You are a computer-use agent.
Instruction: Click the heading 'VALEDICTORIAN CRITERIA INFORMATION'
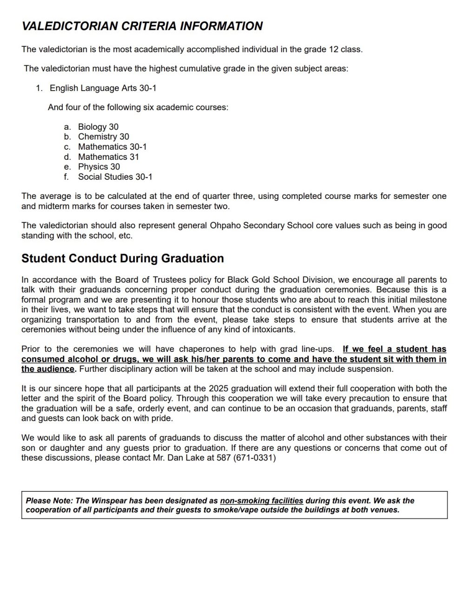[142, 26]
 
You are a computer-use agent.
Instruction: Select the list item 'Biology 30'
[98, 127]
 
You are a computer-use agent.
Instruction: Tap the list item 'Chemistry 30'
[103, 137]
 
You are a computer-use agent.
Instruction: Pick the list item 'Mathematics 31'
[108, 157]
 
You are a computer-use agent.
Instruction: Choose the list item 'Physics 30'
[99, 166]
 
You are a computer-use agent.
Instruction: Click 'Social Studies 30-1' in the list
[115, 177]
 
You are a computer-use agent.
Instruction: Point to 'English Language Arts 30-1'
[103, 88]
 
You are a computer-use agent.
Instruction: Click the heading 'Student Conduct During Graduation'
[122, 258]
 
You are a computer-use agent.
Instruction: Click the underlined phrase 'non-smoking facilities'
[261, 501]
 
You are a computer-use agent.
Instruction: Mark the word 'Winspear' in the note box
[108, 501]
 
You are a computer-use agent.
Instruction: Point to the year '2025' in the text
[218, 389]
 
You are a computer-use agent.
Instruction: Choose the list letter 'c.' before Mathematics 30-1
[67, 147]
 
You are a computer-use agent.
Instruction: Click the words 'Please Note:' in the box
[49, 501]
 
